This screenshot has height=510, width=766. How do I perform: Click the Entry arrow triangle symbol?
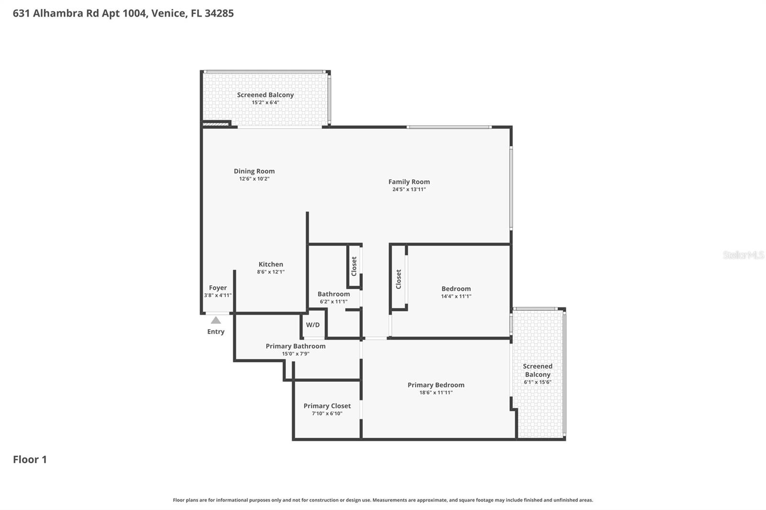click(x=216, y=320)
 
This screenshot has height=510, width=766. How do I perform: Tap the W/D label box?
click(x=313, y=325)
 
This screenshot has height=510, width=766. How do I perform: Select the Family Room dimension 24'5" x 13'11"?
click(x=409, y=189)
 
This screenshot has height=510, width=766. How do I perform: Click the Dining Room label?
click(x=254, y=171)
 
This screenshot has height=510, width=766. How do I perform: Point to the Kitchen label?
click(x=270, y=264)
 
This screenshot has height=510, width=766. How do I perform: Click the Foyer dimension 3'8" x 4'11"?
click(x=218, y=296)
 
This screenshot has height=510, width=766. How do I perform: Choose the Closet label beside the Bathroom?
click(x=354, y=266)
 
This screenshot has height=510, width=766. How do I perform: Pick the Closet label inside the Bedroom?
click(x=398, y=279)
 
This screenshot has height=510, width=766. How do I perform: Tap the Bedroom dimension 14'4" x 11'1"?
click(x=456, y=296)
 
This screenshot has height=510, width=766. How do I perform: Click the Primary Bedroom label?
click(x=436, y=385)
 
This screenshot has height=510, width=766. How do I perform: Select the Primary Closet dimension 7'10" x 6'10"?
click(x=327, y=414)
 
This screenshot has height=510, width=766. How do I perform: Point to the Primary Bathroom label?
click(x=295, y=346)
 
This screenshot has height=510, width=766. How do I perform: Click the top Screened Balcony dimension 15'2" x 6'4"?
click(x=265, y=102)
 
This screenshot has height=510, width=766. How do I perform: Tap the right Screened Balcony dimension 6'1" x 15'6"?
click(x=537, y=382)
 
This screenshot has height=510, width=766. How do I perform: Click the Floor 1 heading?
click(x=30, y=459)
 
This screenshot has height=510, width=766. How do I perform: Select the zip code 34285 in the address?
click(x=219, y=13)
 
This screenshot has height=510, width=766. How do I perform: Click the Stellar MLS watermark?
click(x=743, y=255)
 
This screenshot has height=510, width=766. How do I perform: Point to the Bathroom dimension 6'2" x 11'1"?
click(x=333, y=302)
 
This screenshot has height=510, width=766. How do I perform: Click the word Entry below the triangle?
click(x=215, y=332)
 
